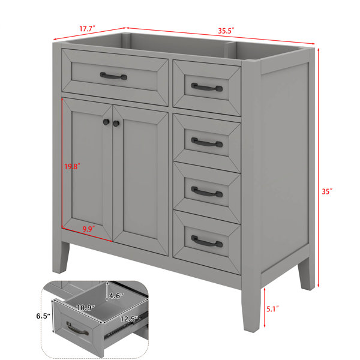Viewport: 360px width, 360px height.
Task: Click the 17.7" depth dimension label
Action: click(x=87, y=29)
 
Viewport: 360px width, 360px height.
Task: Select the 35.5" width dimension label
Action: click(x=226, y=31)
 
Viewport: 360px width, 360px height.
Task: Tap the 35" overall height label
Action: click(x=327, y=191)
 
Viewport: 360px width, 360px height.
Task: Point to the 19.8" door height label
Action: click(x=72, y=166)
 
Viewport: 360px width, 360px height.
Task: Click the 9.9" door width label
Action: click(x=89, y=229)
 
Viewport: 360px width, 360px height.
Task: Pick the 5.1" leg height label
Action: click(x=272, y=309)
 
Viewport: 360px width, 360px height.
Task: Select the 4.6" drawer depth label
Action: click(x=116, y=296)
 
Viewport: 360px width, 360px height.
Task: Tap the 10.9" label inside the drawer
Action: click(x=85, y=307)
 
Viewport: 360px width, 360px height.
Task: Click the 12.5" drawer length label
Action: click(x=129, y=319)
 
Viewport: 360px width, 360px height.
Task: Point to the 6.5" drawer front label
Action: click(x=43, y=316)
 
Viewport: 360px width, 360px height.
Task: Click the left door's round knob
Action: click(x=106, y=122)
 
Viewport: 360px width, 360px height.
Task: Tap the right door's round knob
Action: click(x=116, y=124)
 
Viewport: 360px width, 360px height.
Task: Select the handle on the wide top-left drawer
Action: click(x=113, y=76)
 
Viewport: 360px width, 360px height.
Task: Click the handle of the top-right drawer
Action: click(x=207, y=87)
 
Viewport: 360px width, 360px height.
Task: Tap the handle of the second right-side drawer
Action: click(x=207, y=142)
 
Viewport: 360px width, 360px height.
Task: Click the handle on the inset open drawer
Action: click(x=77, y=329)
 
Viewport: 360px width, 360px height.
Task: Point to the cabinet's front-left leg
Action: click(x=61, y=257)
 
